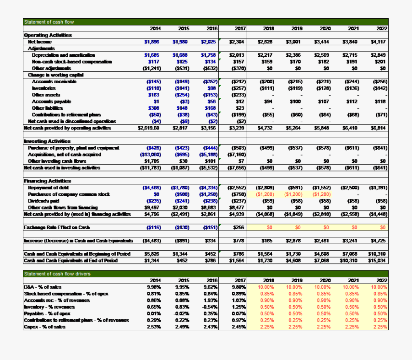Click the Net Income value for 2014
click(152, 42)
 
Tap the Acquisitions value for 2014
click(149, 155)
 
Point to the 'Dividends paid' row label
click(44, 201)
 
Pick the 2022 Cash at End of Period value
click(379, 260)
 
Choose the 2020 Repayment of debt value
click(322, 188)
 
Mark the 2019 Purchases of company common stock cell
click(293, 194)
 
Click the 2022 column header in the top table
click(382, 28)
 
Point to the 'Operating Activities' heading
click(48, 35)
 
